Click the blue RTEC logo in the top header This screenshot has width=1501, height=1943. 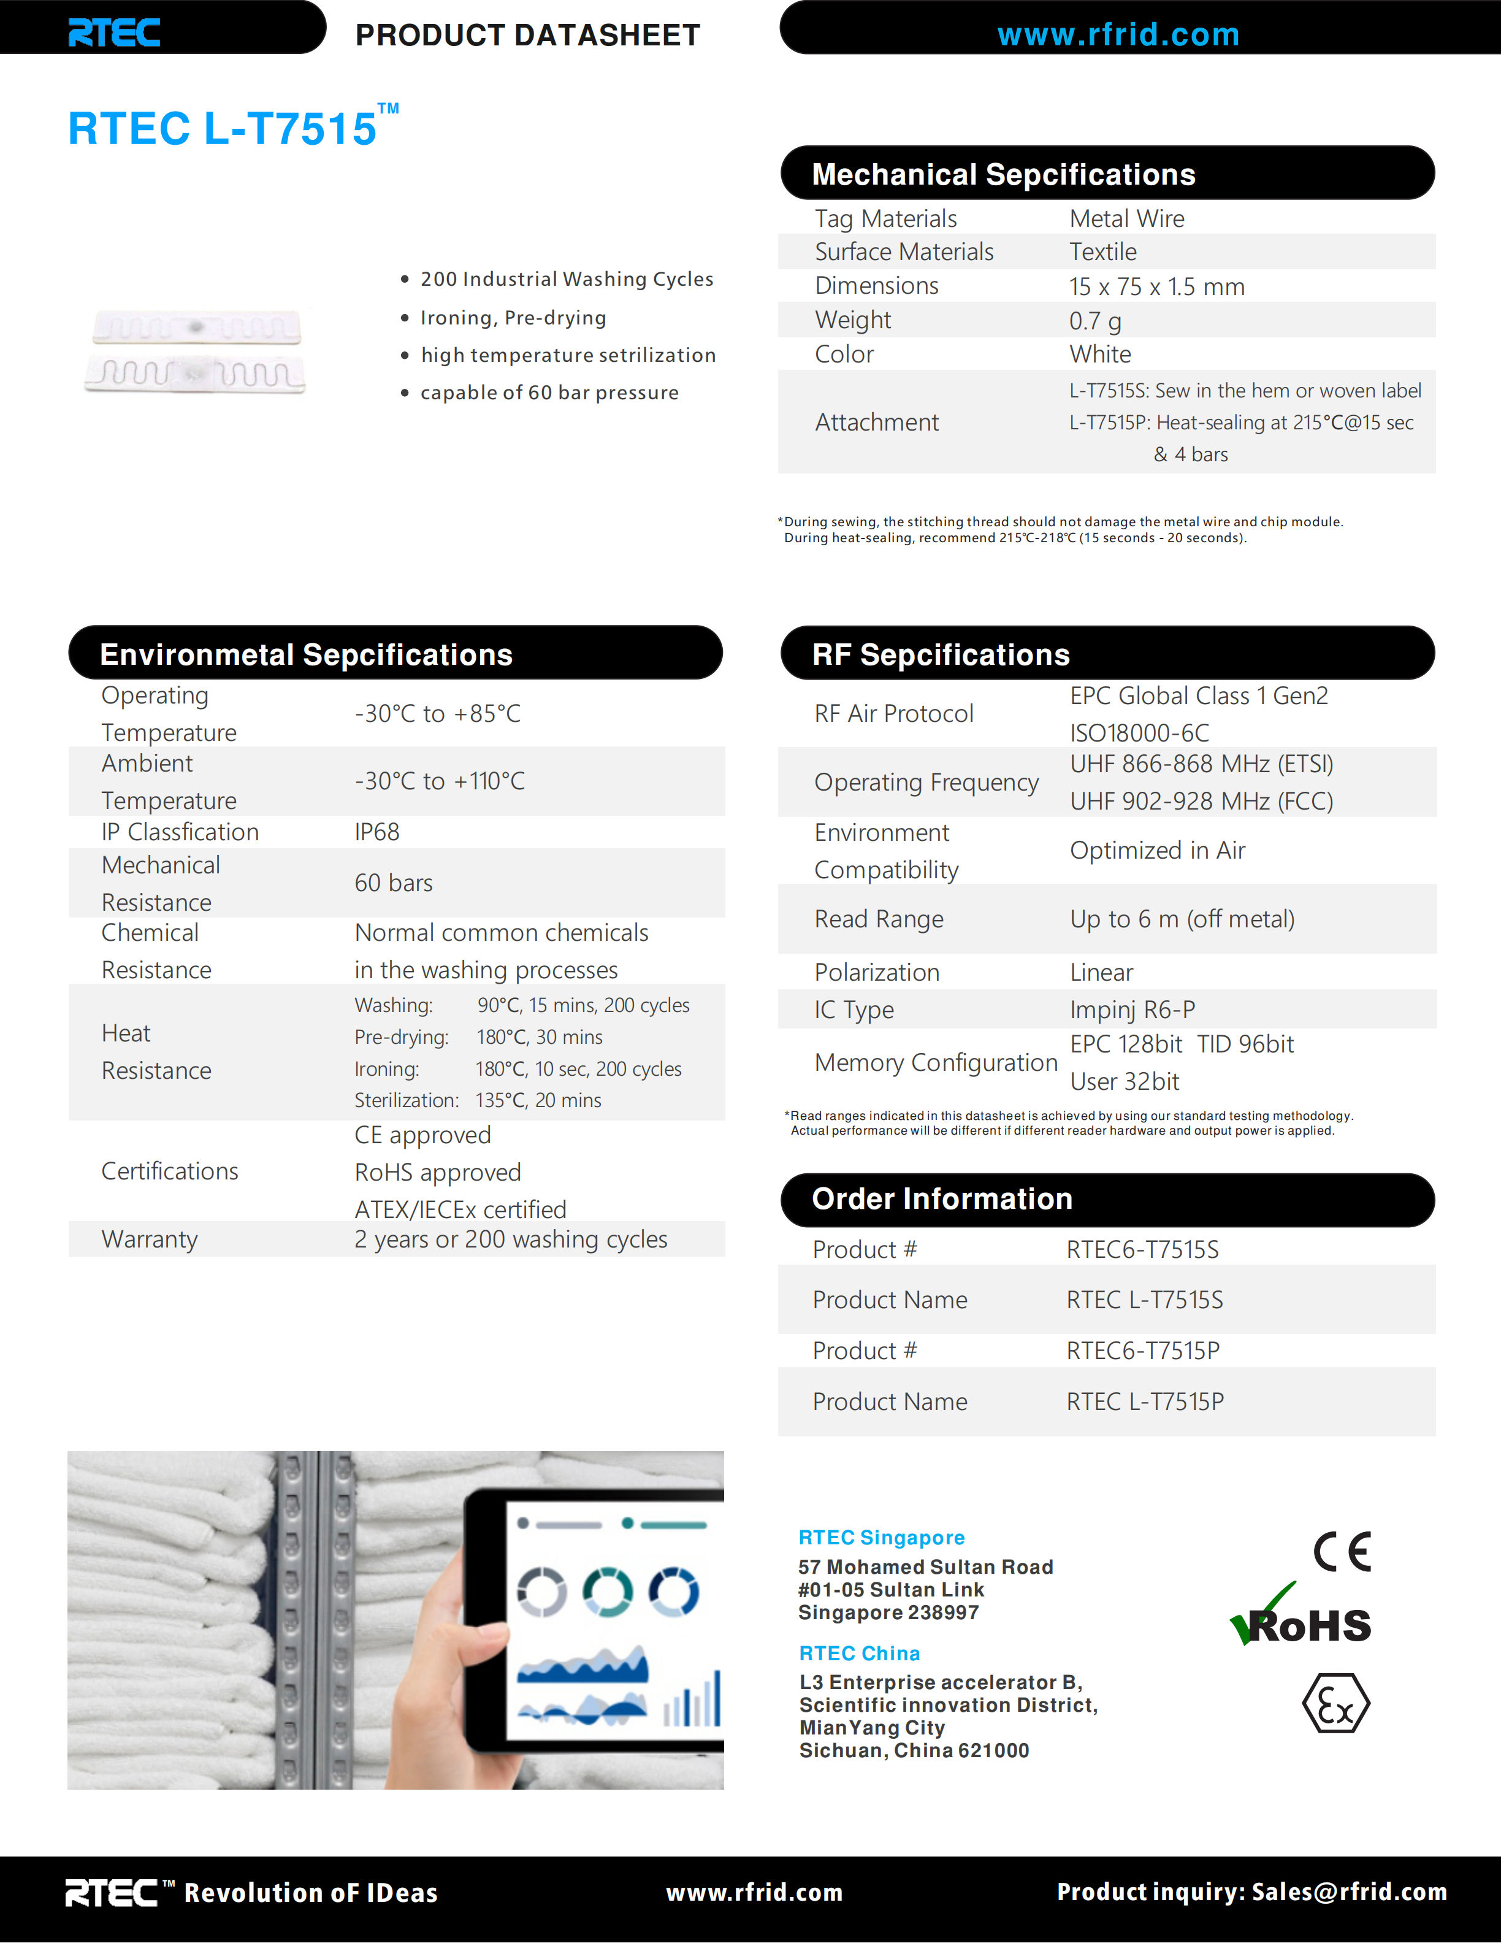[114, 33]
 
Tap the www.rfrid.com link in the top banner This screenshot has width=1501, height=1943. [1118, 35]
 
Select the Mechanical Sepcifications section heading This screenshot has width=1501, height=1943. [1003, 174]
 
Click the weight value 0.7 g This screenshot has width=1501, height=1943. [1094, 320]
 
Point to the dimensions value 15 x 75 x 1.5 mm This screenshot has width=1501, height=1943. [1156, 286]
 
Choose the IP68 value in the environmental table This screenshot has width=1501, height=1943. [377, 832]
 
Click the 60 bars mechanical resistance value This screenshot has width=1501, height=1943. [393, 883]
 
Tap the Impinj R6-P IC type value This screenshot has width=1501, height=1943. [1132, 1010]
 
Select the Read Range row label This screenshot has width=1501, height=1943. [879, 919]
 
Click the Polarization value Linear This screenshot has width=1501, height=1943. [1101, 972]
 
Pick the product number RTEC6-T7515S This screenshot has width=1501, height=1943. [1142, 1250]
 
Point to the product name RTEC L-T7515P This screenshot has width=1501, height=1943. [1144, 1402]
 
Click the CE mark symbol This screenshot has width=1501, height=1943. [1342, 1552]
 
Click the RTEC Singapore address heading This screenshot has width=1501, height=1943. [881, 1538]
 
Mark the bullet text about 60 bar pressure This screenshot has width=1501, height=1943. [549, 393]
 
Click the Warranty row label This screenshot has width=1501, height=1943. [150, 1240]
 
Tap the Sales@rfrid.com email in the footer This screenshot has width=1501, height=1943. [1349, 1891]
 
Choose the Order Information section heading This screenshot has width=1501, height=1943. [942, 1199]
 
